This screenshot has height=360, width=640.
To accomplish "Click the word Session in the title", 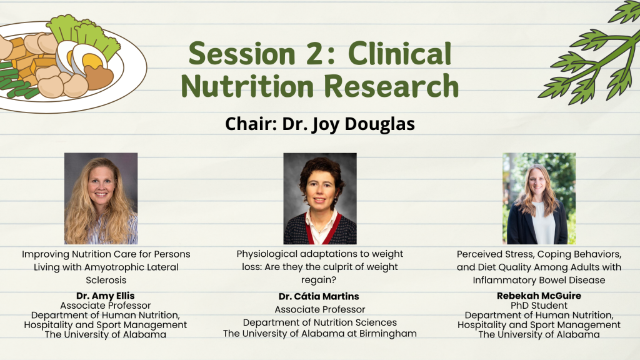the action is click(x=242, y=54).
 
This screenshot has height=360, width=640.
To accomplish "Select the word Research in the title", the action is click(x=391, y=86).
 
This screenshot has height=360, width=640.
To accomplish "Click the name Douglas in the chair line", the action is click(x=379, y=124).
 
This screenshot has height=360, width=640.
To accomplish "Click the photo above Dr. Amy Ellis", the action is click(x=101, y=198).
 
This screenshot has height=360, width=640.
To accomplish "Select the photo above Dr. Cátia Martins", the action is click(x=320, y=198).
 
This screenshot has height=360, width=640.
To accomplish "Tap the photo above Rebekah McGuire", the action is click(x=539, y=198).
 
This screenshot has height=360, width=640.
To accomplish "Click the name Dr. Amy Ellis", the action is click(x=105, y=296).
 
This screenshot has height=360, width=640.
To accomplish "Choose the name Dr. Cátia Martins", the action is click(x=319, y=296).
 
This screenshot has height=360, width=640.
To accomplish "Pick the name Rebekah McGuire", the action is click(x=539, y=296).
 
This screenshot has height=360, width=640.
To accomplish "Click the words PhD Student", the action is click(x=539, y=305).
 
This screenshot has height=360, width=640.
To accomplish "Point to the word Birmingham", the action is click(x=387, y=334).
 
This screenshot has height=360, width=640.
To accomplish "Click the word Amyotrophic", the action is click(x=114, y=267).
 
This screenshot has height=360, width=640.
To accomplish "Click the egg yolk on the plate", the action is click(x=92, y=61).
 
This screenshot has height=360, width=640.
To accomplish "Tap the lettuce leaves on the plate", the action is click(x=84, y=37).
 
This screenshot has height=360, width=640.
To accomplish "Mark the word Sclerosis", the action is click(x=106, y=280).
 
